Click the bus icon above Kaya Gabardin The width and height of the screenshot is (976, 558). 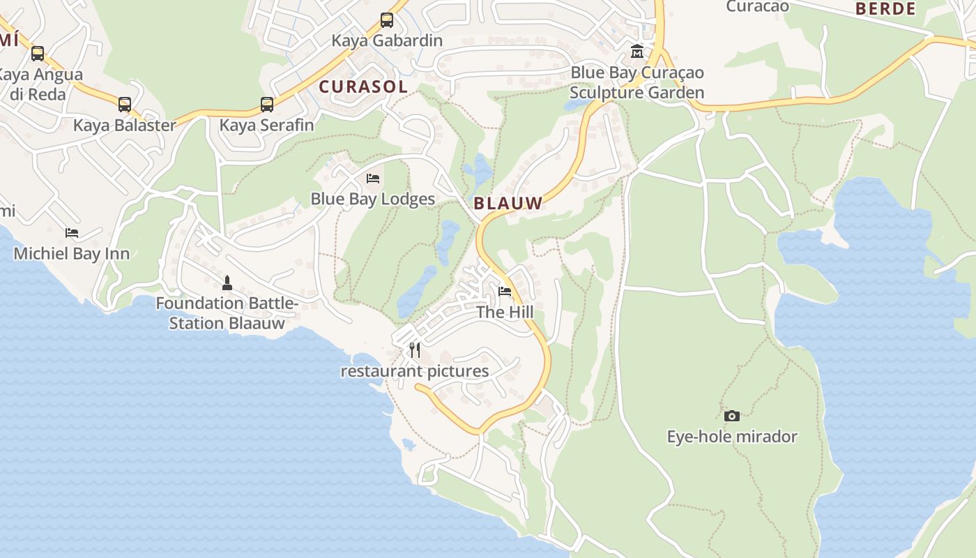[x=387, y=20]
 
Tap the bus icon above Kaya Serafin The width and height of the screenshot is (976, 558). [x=266, y=105]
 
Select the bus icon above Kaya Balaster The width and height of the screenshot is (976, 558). [x=124, y=105]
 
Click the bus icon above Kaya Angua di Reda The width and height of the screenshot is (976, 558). [x=37, y=54]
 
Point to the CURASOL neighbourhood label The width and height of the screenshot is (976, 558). [x=363, y=87]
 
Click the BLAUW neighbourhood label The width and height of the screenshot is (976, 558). [x=508, y=204]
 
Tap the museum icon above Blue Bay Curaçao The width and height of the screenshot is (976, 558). [x=636, y=52]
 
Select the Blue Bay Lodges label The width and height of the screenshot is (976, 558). [x=372, y=199]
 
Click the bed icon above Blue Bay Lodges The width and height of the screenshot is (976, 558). [x=373, y=179]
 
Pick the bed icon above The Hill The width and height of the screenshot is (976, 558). [x=505, y=292]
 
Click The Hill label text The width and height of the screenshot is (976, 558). [x=505, y=312]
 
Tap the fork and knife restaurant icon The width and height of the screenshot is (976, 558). [x=415, y=349]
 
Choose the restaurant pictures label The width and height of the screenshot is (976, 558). [x=414, y=371]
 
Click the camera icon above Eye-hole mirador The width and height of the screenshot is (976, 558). [x=731, y=416]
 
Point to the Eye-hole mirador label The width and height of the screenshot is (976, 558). [x=731, y=437]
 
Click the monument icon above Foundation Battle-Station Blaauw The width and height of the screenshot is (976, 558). [x=227, y=282]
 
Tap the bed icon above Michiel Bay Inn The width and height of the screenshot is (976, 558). [x=72, y=233]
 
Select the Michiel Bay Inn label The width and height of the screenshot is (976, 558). [x=72, y=253]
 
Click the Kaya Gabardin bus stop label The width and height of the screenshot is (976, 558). [x=387, y=40]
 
